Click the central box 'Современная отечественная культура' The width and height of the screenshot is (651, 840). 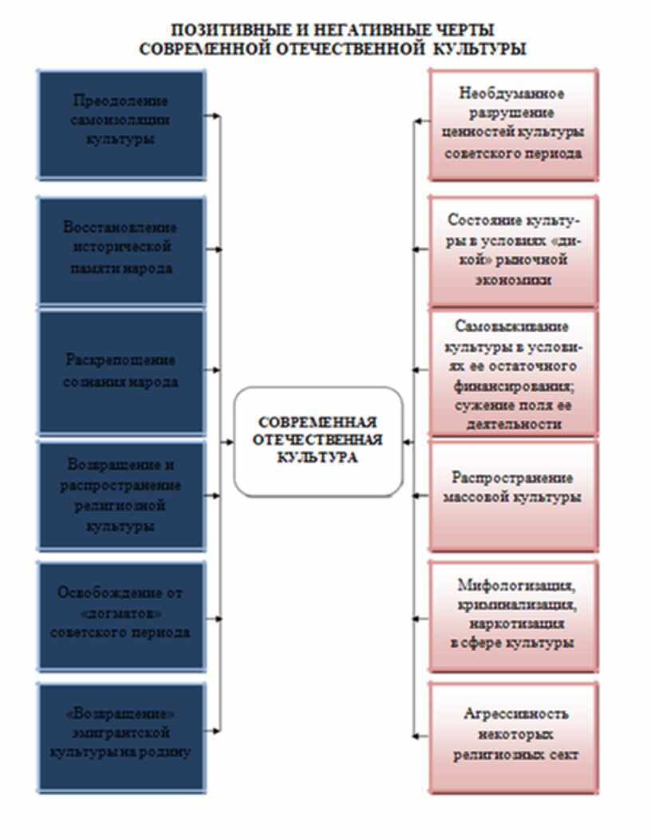pos(318,440)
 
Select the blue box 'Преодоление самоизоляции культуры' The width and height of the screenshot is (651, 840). pos(121,124)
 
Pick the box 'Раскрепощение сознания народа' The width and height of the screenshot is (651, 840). pos(121,371)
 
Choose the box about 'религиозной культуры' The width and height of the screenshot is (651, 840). pos(121,495)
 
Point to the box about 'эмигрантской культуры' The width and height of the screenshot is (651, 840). pos(121,735)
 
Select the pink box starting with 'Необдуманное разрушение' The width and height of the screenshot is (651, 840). pos(513,124)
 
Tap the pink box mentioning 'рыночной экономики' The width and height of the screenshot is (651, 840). pos(513,250)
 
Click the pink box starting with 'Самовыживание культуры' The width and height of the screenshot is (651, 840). pos(513,373)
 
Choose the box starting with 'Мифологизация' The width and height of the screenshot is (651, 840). pos(513,615)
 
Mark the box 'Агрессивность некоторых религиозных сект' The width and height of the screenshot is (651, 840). pos(513,735)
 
